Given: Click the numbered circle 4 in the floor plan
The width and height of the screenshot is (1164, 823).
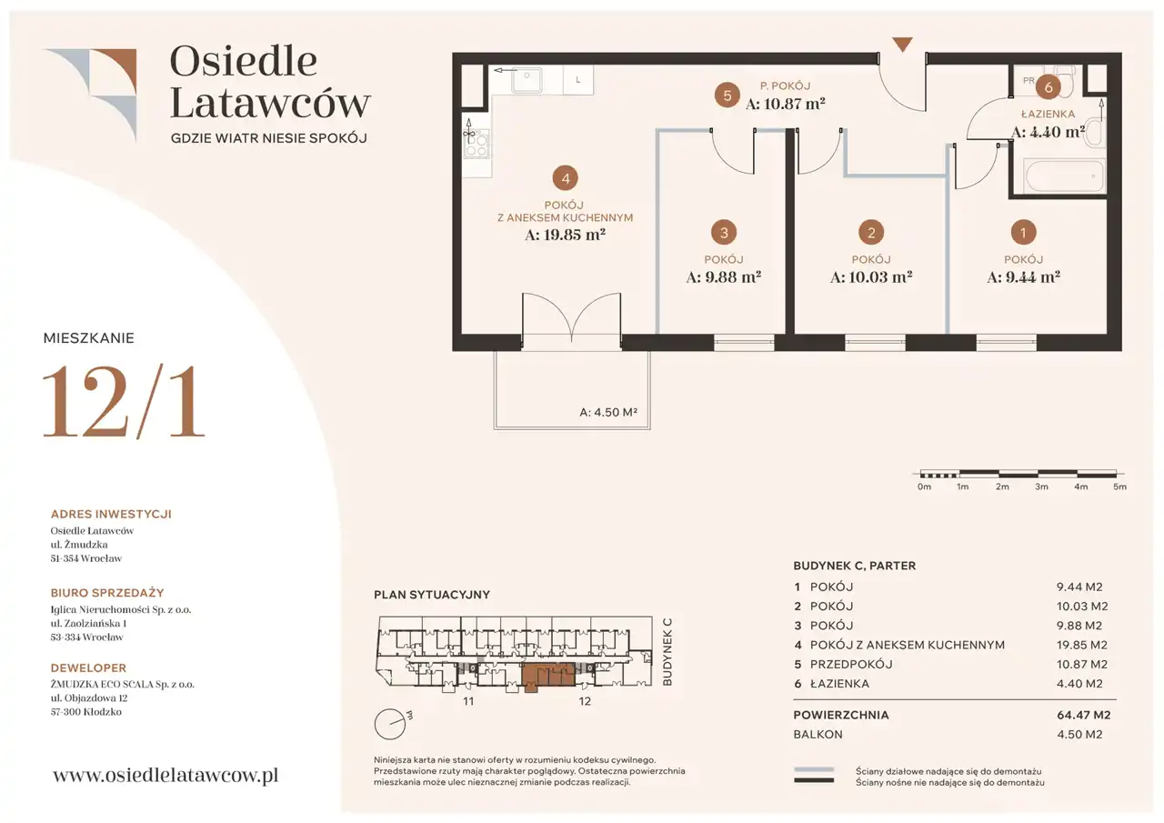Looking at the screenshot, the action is [566, 179].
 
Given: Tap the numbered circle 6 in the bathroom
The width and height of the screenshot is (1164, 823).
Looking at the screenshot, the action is [1049, 87].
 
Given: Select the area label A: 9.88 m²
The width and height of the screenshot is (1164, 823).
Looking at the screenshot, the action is [723, 277].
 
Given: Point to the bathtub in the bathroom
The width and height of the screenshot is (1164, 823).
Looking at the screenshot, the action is [1064, 176].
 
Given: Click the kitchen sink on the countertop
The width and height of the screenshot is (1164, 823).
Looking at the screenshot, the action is [527, 81].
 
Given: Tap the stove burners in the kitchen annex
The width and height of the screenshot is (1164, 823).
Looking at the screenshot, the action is [477, 144].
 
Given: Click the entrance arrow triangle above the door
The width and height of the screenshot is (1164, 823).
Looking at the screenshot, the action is [903, 45].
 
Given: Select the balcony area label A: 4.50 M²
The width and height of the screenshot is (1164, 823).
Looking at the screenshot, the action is [608, 412].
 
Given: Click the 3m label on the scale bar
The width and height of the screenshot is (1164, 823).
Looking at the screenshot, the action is [1041, 487].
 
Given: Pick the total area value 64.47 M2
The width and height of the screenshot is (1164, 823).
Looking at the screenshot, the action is [1083, 715].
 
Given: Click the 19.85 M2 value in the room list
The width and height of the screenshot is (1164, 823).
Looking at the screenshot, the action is [1082, 645].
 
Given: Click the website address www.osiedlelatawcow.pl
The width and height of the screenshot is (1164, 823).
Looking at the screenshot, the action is [166, 775].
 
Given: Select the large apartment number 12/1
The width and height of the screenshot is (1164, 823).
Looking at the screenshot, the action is [124, 402].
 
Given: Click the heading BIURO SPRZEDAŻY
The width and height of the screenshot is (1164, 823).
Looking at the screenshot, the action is [107, 593].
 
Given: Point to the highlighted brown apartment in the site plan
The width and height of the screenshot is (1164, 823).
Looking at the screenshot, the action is [547, 676].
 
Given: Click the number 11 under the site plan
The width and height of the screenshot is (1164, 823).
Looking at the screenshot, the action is [468, 701].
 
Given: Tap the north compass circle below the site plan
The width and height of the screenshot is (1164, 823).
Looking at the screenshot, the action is [390, 724].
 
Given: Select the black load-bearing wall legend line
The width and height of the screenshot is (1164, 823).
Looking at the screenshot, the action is [814, 780].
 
